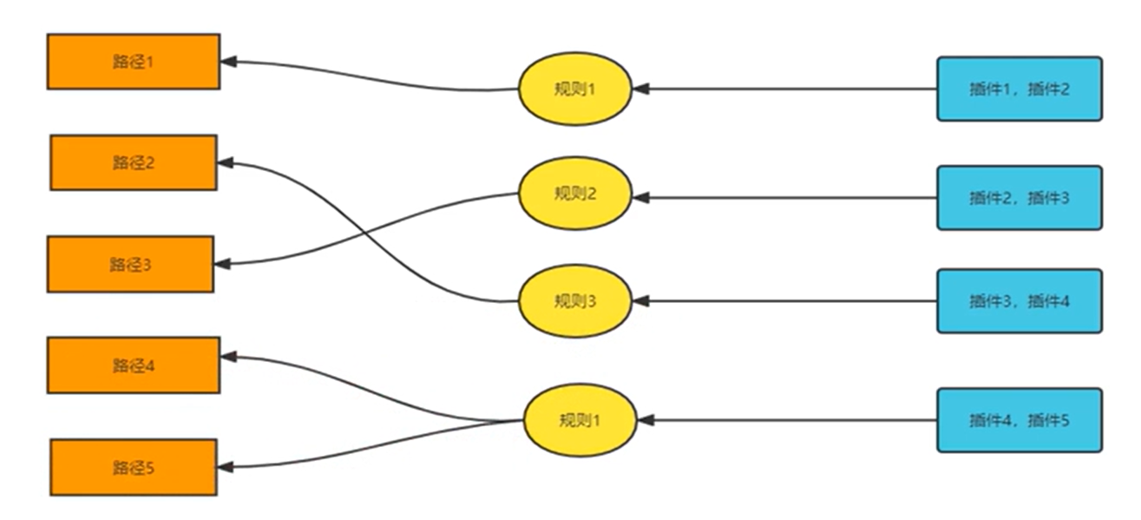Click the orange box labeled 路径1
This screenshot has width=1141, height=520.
pyautogui.click(x=133, y=62)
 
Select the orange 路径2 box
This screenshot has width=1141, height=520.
pyautogui.click(x=133, y=162)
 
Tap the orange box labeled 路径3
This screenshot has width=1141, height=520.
pyautogui.click(x=130, y=264)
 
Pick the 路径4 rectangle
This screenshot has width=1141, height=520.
pyautogui.click(x=133, y=365)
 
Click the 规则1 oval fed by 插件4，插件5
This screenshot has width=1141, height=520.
pyautogui.click(x=580, y=421)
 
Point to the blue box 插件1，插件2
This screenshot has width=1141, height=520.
pyautogui.click(x=1019, y=89)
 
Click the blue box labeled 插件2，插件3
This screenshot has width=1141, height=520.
pyautogui.click(x=1019, y=198)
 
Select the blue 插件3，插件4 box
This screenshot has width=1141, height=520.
pyautogui.click(x=1019, y=301)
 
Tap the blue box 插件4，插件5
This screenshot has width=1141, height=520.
pyautogui.click(x=1019, y=420)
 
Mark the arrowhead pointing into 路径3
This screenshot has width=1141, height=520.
pyautogui.click(x=222, y=264)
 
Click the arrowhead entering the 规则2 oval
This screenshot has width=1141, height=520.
pyautogui.click(x=641, y=198)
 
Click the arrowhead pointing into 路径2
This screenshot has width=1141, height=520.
pyautogui.click(x=225, y=162)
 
